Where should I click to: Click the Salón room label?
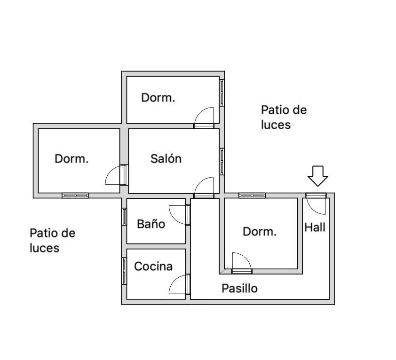[166, 158]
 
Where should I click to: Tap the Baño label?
[151, 224]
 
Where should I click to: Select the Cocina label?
[153, 266]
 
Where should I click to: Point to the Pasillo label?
[239, 289]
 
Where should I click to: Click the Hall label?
[315, 227]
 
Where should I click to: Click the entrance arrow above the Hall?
[318, 176]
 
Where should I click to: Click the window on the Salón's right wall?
[222, 161]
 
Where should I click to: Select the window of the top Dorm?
[222, 93]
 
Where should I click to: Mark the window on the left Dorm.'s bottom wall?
[75, 196]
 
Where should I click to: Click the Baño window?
[124, 217]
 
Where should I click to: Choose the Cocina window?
[124, 271]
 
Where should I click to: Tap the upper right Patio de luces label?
[284, 117]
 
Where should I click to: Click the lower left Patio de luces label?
[52, 240]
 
